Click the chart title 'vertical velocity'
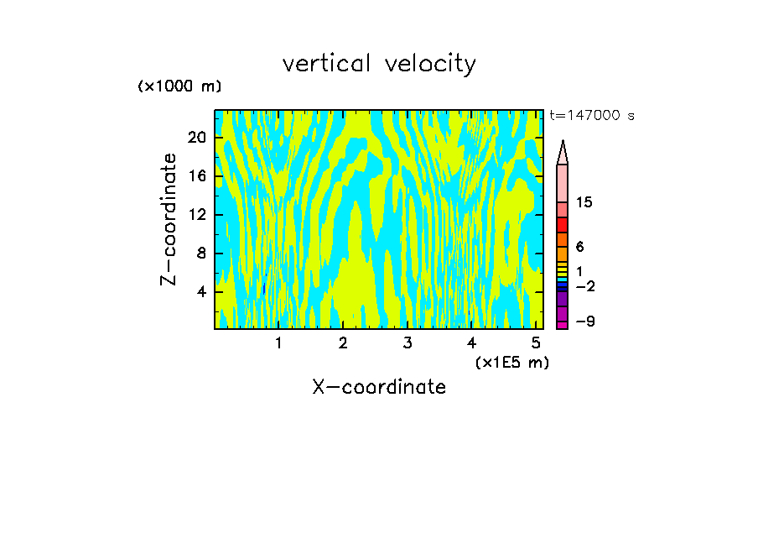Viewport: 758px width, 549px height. coord(379,64)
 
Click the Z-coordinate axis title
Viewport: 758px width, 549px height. coord(169,219)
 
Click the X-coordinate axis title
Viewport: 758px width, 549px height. coord(379,387)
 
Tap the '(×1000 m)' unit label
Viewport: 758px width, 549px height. coord(179,86)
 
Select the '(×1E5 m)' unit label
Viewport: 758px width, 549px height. coord(511,362)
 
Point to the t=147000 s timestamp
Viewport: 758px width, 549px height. coord(592,116)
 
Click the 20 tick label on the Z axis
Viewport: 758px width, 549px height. coord(196,138)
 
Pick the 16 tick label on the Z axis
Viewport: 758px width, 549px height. coord(196,176)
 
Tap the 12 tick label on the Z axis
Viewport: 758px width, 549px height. coord(196,215)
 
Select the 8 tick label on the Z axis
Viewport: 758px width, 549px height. coord(200,254)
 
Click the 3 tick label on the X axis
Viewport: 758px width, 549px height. coord(407,343)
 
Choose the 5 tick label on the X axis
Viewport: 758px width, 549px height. coord(536,343)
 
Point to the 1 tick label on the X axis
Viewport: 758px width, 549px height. coord(278,343)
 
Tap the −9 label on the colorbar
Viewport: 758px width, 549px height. coord(584,322)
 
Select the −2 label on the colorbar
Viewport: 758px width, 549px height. coord(584,286)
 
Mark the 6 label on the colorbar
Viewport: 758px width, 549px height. coord(579,247)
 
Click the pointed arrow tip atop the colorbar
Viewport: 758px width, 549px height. coord(563,152)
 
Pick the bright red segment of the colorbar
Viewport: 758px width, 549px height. coord(563,225)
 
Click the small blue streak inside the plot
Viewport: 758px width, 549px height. coord(264,288)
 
